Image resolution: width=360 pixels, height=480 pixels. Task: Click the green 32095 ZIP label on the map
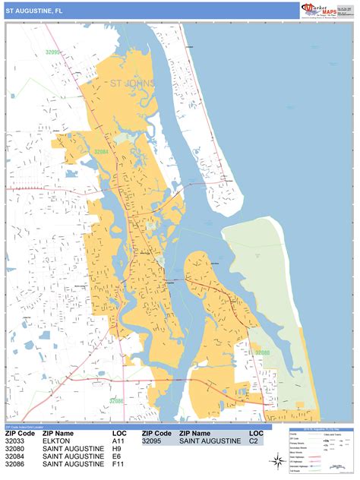point(52,52)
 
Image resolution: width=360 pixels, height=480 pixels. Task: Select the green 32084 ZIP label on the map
point(101,152)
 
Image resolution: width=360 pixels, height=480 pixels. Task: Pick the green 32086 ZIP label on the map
point(116,400)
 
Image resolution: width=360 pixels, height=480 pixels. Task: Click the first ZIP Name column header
point(58,433)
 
